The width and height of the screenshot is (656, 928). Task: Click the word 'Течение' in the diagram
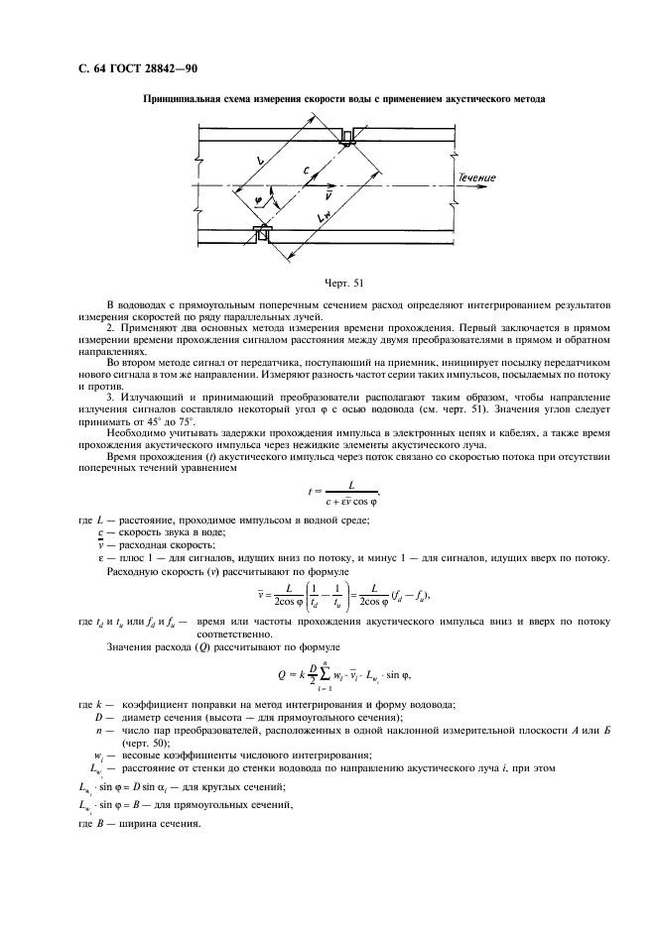point(476,178)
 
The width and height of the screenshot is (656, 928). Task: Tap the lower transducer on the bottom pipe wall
point(263,234)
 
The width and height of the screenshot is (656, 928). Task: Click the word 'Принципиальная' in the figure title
point(187,99)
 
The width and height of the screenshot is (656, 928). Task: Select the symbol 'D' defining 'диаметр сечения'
point(99,716)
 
